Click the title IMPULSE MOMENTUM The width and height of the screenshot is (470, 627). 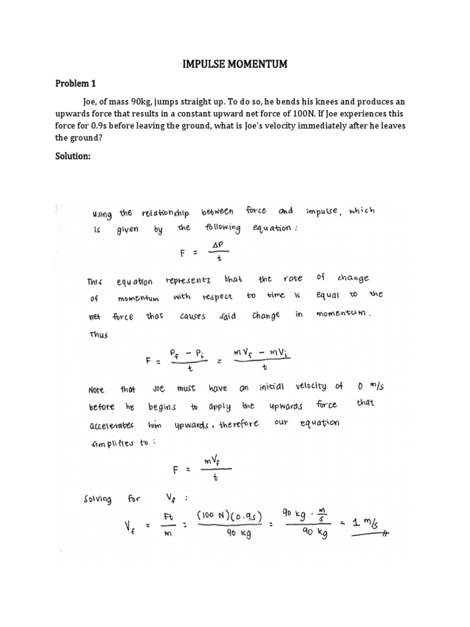tap(235, 64)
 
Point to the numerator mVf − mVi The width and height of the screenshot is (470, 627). tap(264, 351)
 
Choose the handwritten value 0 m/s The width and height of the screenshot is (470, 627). tap(369, 386)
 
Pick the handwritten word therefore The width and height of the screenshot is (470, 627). tap(231, 424)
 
